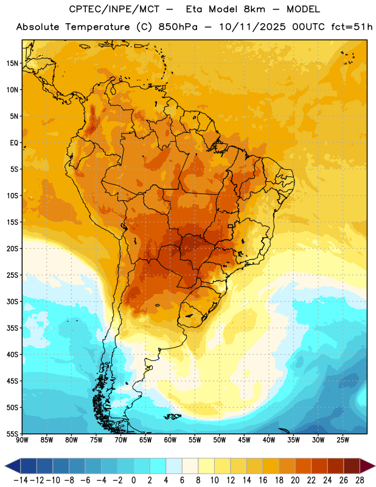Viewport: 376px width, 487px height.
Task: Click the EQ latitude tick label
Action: point(14,143)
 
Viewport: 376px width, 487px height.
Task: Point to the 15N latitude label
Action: point(12,63)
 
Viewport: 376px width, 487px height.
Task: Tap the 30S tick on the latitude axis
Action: point(12,301)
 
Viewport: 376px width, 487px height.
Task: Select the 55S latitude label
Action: point(12,433)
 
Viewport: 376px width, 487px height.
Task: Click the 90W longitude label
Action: point(22,440)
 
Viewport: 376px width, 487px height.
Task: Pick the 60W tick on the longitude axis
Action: point(170,440)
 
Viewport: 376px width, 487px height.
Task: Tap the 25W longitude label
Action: point(343,440)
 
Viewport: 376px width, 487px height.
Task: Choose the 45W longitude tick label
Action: point(244,440)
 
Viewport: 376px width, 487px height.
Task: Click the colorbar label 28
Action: point(360,480)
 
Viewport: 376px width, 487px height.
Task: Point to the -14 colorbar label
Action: point(21,480)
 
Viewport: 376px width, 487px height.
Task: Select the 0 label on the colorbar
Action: point(133,480)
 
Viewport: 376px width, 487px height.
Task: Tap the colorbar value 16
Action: point(263,480)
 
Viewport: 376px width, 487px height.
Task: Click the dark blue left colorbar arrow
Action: point(13,466)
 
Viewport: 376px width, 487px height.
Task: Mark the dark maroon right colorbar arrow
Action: point(367,466)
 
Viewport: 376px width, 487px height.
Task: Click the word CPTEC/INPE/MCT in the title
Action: point(114,9)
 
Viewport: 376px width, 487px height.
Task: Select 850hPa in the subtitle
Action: point(178,27)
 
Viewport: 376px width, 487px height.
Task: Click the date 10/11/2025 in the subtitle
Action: point(252,27)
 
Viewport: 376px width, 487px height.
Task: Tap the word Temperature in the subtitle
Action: point(97,27)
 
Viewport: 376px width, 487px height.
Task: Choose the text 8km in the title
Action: point(254,9)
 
